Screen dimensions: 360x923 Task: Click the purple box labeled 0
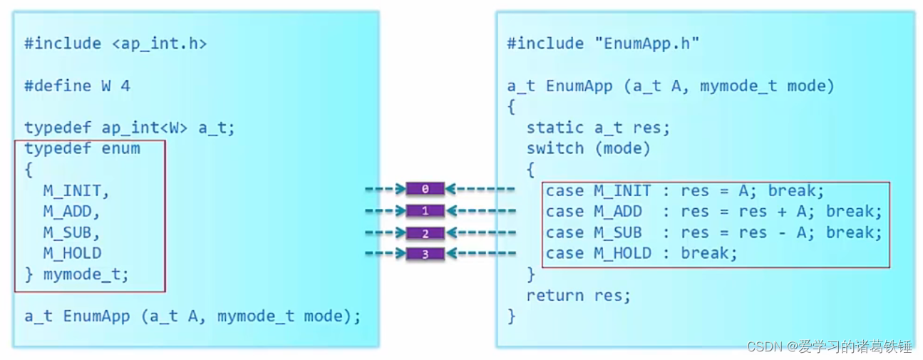(426, 190)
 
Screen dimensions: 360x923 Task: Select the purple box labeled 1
(426, 211)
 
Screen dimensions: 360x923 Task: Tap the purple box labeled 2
(426, 232)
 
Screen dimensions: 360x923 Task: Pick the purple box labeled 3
(426, 254)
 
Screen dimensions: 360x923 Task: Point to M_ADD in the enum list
(71, 212)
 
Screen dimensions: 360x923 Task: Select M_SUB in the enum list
(71, 232)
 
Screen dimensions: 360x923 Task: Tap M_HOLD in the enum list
(71, 253)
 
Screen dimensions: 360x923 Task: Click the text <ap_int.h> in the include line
(158, 44)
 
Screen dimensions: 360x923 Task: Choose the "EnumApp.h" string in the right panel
(647, 44)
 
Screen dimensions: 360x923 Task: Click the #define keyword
(58, 86)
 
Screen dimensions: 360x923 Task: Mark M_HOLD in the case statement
(622, 253)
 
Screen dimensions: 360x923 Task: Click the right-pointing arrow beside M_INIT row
(385, 190)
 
